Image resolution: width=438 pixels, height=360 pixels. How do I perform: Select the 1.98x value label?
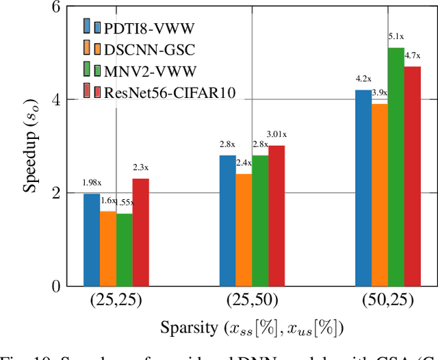pos(92,183)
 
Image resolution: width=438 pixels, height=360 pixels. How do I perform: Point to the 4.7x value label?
pos(413,55)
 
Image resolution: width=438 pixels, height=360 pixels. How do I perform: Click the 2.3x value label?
pos(140,167)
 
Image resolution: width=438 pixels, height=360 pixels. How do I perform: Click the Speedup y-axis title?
pos(29,146)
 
